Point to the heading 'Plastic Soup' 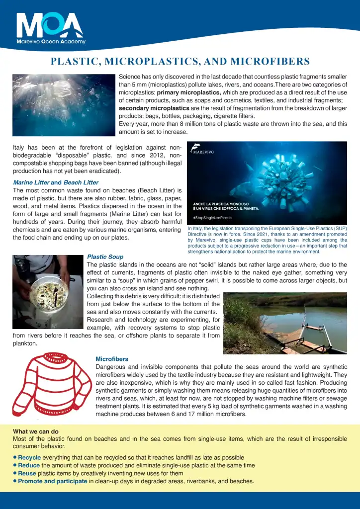click(105, 257)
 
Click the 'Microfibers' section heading click(112, 359)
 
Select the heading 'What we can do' click(36, 431)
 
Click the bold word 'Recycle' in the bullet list click(30, 457)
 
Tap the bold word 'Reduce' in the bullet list click(29, 465)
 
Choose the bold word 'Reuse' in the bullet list click(28, 473)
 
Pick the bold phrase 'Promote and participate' click(52, 481)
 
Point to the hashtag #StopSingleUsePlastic click(212, 218)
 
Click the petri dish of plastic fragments click(48, 293)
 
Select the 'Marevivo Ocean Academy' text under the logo click(51, 42)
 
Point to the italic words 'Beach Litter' click(81, 182)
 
